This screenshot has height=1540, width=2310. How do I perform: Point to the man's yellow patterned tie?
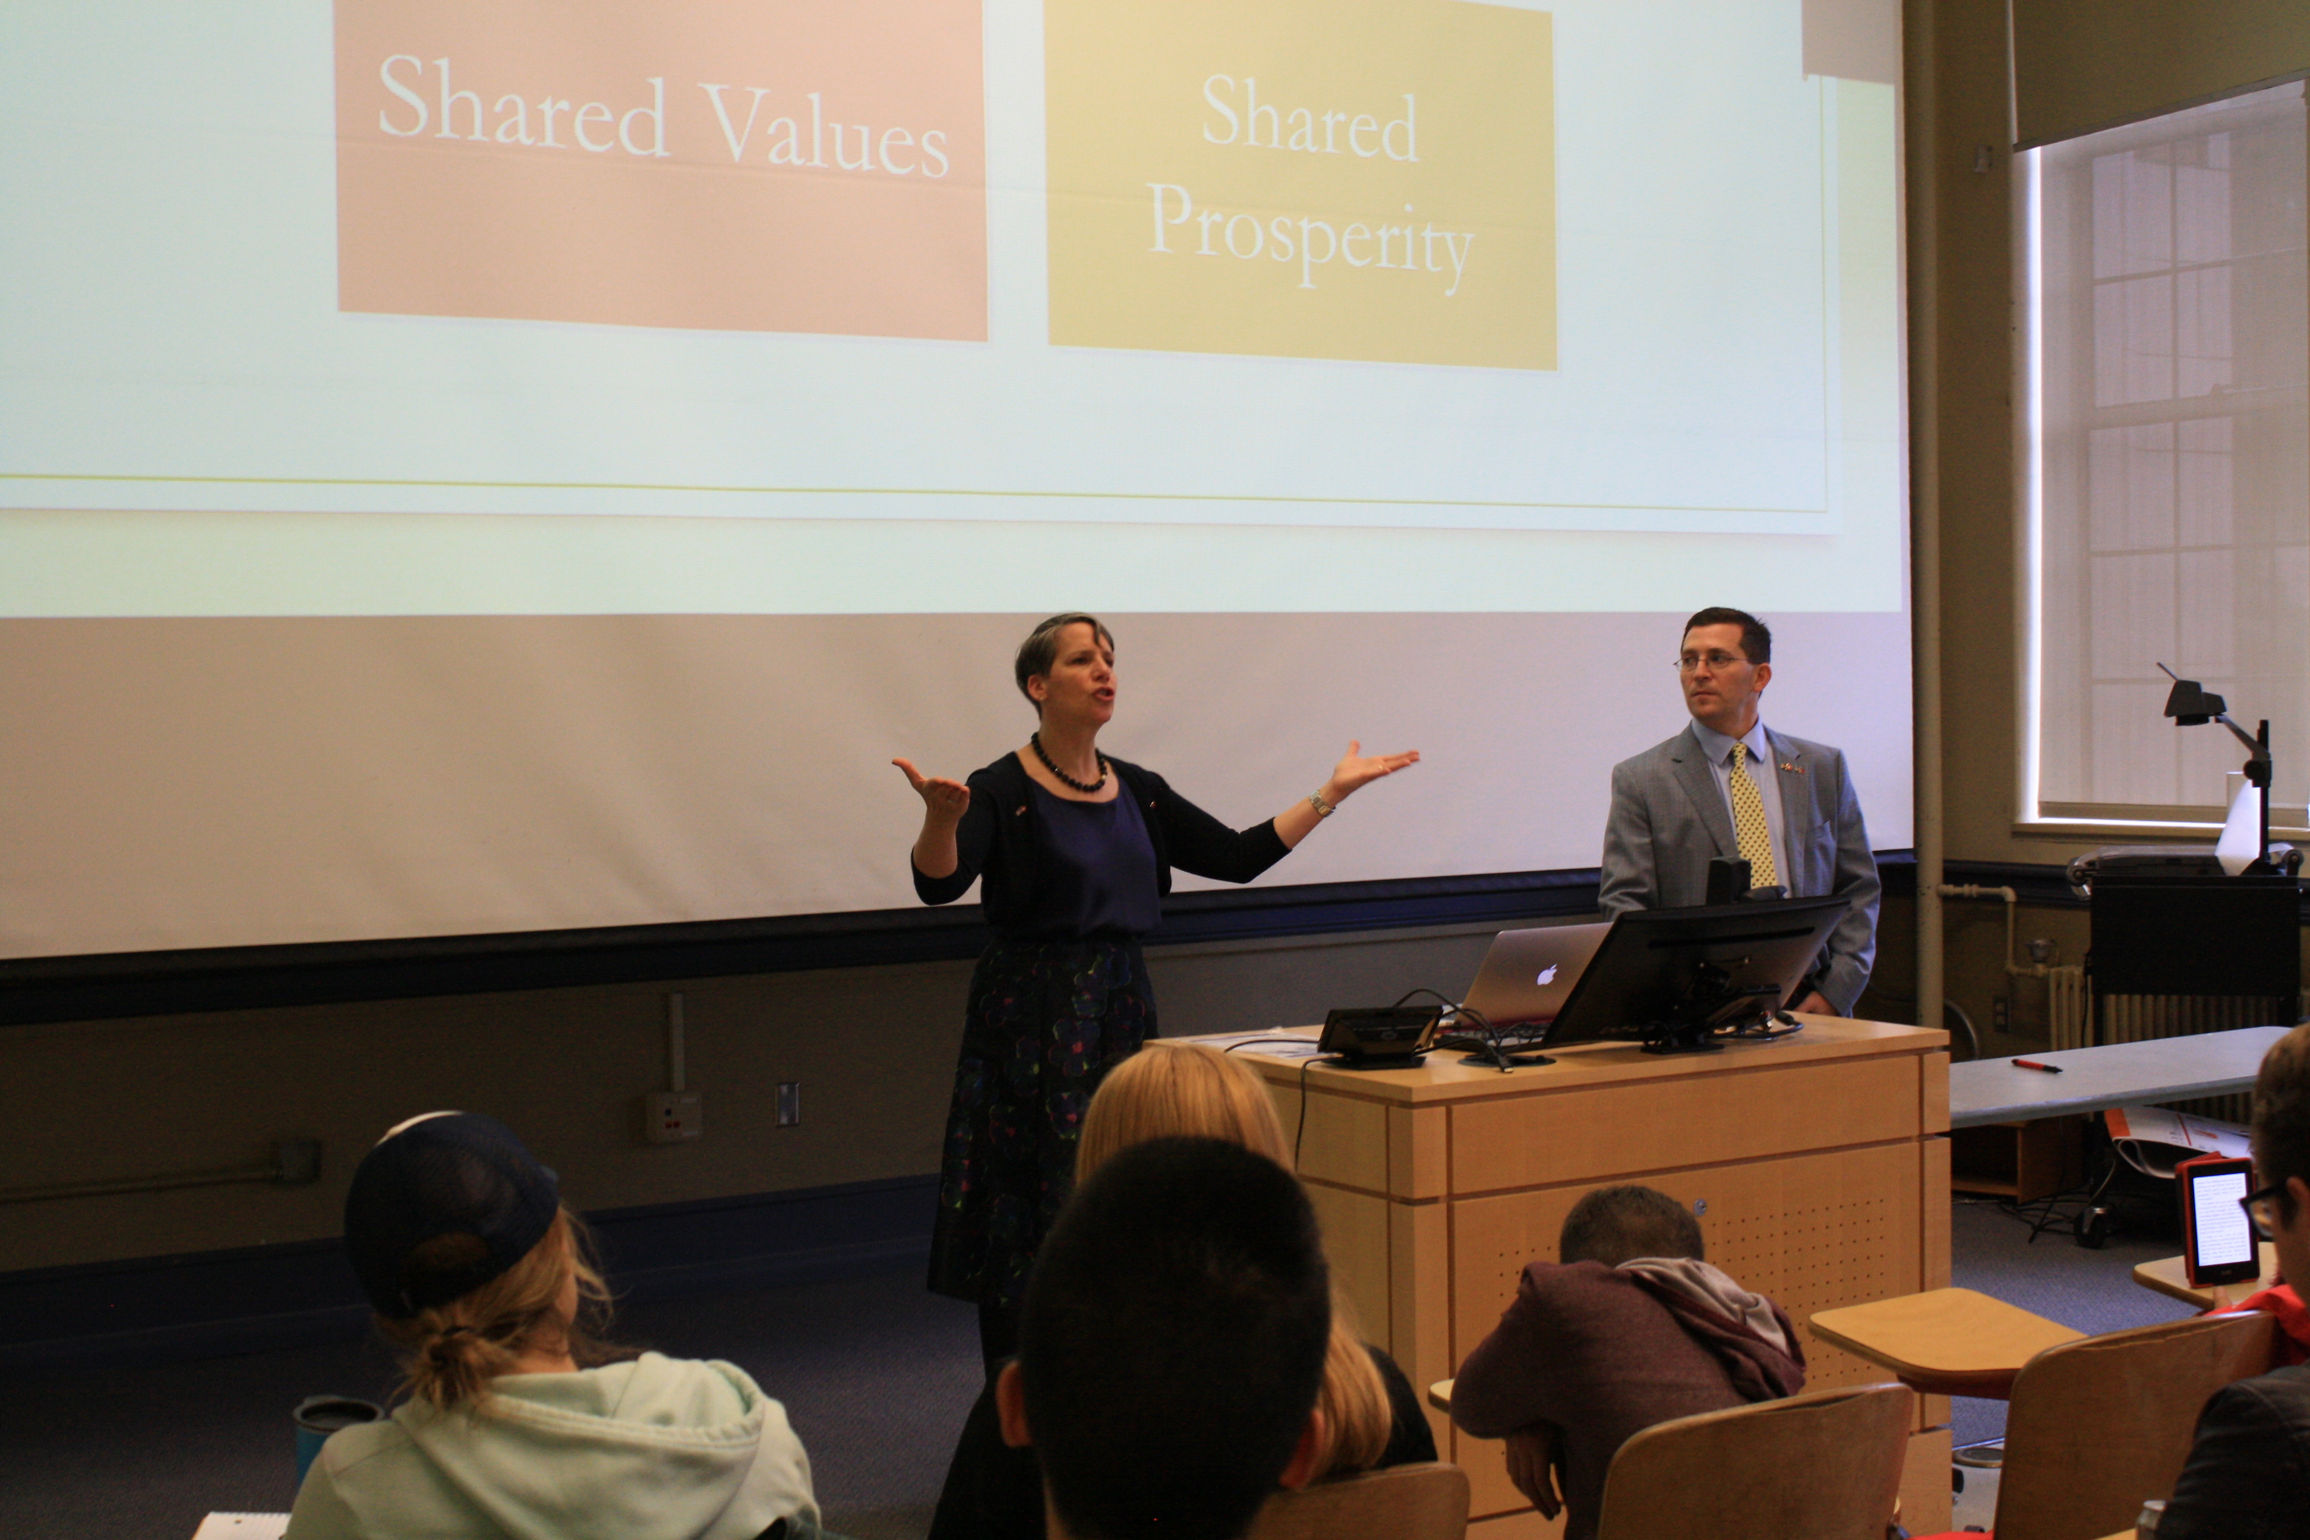1753,815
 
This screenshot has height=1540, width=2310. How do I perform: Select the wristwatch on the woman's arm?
1321,804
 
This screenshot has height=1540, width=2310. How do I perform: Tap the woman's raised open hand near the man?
1370,765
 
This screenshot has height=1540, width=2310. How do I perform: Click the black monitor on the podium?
1697,973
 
